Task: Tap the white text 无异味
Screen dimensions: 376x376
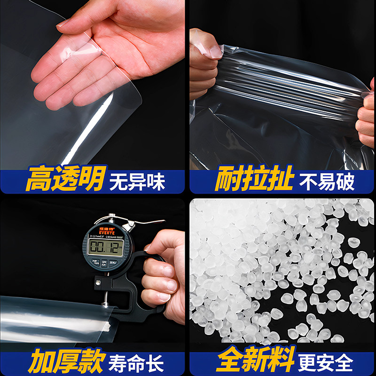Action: coord(137,181)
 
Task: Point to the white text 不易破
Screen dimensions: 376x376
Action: coord(327,181)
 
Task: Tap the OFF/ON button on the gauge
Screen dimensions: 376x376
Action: coord(104,263)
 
